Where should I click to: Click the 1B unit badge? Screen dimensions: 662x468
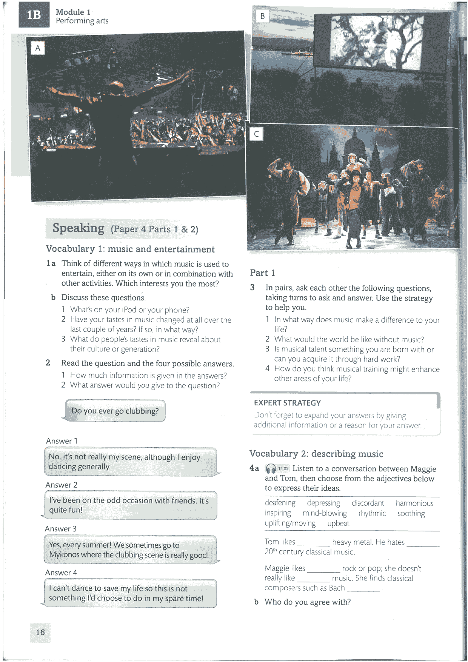point(34,15)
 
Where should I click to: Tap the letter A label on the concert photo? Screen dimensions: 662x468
point(38,48)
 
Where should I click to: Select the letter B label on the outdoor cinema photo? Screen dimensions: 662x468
point(262,16)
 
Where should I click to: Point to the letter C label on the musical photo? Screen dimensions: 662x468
point(257,134)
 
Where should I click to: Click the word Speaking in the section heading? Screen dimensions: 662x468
point(79,228)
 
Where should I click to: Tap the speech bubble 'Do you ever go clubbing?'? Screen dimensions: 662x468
point(115,411)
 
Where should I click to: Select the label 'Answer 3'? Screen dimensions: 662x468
point(61,529)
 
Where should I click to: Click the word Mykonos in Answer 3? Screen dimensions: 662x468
point(65,555)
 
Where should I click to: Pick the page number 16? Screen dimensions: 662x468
point(40,633)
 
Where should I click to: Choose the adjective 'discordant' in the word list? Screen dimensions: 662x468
point(368,503)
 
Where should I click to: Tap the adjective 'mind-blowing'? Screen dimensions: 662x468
point(325,513)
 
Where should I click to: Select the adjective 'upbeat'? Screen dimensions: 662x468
point(338,523)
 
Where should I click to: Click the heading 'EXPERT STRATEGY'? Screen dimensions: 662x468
point(287,403)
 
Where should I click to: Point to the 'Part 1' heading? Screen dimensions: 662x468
point(262,273)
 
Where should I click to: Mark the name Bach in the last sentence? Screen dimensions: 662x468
point(337,588)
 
